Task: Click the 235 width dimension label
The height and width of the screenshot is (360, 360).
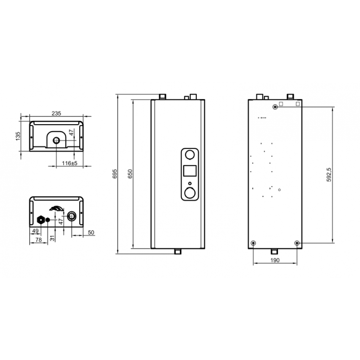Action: (56, 113)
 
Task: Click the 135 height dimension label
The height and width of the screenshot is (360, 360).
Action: (18, 136)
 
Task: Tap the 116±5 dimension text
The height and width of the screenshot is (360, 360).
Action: (69, 163)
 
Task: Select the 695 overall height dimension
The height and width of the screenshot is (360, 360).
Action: (115, 174)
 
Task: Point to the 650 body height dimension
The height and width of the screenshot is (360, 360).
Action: (130, 174)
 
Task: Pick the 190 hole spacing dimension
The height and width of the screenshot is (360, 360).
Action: (275, 260)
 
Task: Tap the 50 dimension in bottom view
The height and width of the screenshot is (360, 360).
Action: (91, 232)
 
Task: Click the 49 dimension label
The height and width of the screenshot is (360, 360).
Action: (35, 231)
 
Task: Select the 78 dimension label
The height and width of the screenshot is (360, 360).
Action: (39, 240)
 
